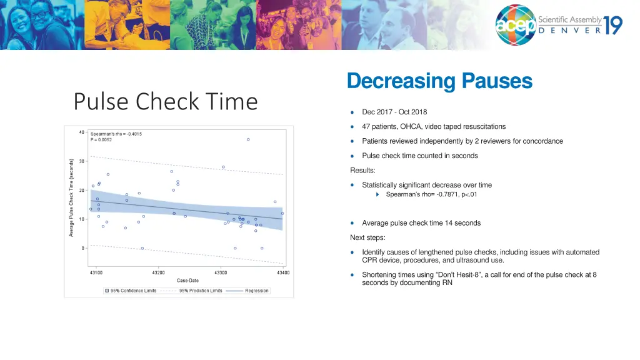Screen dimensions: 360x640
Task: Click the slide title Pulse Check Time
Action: click(x=165, y=101)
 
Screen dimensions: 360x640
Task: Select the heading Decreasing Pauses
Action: click(x=439, y=81)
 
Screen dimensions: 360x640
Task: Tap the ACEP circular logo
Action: click(x=516, y=26)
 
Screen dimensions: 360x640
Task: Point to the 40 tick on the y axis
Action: click(x=82, y=132)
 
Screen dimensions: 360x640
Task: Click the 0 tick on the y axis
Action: click(x=83, y=248)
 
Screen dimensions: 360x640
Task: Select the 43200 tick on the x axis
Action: click(x=158, y=272)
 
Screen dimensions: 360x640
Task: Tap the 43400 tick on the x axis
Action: click(x=283, y=272)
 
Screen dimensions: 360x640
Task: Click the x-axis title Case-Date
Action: click(x=187, y=281)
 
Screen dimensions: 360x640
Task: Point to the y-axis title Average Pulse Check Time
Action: click(x=71, y=197)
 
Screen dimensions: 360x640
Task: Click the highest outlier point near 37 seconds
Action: click(x=248, y=139)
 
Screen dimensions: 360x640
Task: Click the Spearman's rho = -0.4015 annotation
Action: click(x=116, y=134)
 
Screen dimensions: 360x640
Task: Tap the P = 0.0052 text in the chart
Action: click(x=102, y=140)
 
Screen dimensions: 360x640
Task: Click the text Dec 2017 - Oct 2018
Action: click(x=394, y=112)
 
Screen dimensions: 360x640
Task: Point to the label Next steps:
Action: click(x=367, y=237)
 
